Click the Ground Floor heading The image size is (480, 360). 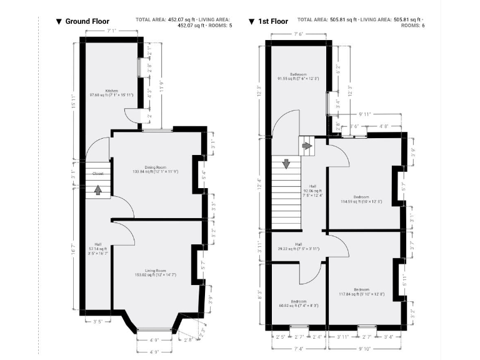point(87,21)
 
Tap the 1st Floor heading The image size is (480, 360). point(272,21)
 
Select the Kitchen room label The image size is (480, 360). point(112,91)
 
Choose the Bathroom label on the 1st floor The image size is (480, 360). point(298,74)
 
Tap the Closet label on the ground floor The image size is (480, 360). point(98,173)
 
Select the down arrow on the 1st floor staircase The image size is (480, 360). point(286,164)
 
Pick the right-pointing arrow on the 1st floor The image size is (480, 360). point(307,146)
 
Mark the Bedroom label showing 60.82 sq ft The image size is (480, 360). point(298,303)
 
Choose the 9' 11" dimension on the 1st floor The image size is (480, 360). point(365,114)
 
